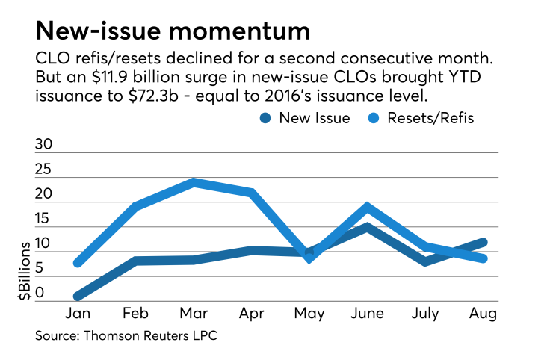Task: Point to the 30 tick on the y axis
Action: [45, 146]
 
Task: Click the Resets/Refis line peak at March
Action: [194, 182]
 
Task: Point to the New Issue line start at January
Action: [78, 297]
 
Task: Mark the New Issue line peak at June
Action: [367, 226]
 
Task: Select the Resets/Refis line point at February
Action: [136, 206]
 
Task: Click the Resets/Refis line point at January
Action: [78, 262]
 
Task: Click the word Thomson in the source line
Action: [109, 335]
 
